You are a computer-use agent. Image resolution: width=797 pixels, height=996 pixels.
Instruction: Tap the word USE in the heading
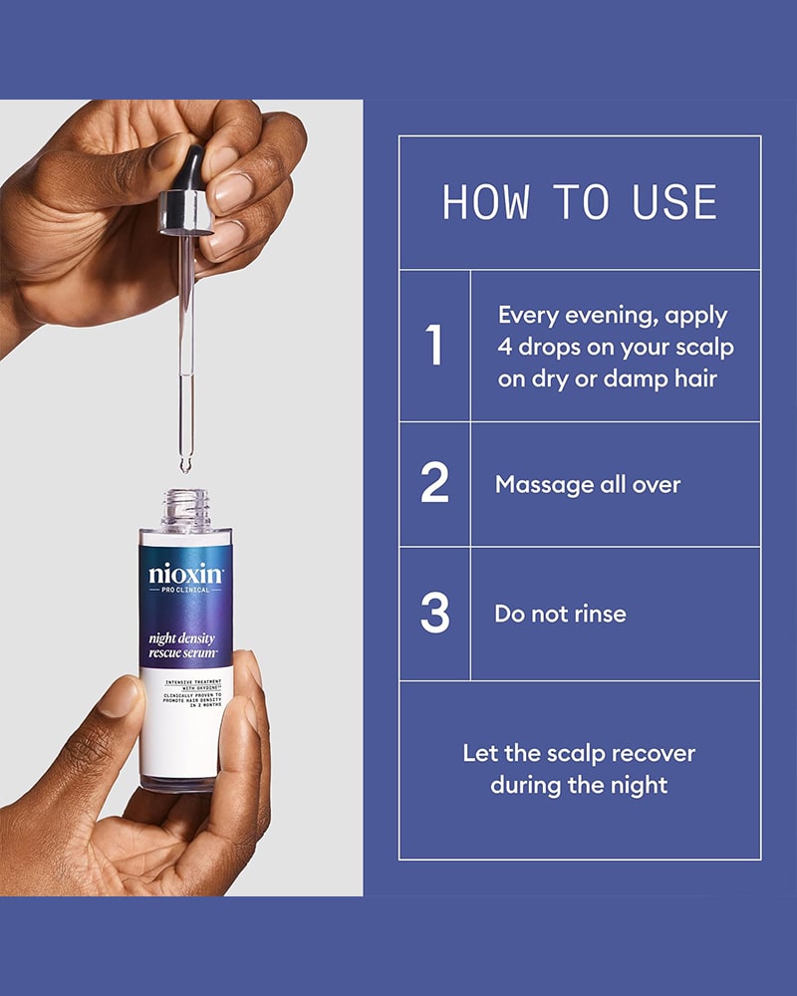(x=675, y=202)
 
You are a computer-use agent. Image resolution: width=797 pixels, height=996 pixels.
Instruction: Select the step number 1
(x=434, y=346)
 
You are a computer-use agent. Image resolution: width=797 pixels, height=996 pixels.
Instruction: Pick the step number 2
(x=435, y=483)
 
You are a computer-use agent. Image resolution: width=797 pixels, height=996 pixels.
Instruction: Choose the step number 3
(x=435, y=613)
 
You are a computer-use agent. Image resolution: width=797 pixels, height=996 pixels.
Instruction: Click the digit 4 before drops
(x=506, y=348)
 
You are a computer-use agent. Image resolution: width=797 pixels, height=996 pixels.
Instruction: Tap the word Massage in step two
(x=544, y=485)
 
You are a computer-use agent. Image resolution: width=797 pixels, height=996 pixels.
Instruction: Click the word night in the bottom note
(x=639, y=785)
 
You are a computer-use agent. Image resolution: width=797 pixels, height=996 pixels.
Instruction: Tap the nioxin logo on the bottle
(x=185, y=575)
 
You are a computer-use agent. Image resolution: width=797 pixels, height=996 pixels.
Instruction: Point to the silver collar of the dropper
(x=186, y=213)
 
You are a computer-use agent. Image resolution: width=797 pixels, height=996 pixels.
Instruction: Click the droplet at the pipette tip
(x=185, y=463)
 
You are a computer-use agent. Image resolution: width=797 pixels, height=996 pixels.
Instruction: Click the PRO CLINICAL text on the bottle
(x=185, y=591)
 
